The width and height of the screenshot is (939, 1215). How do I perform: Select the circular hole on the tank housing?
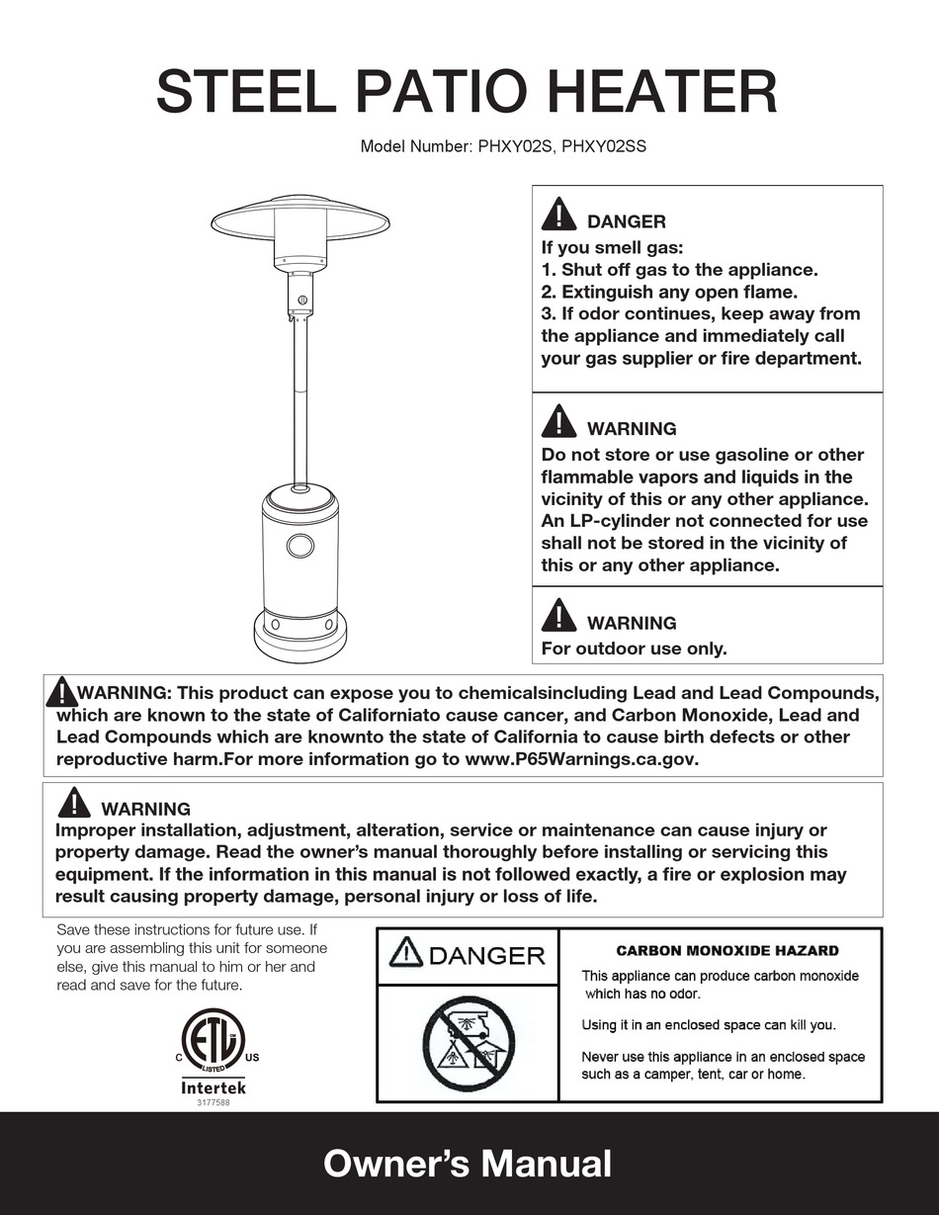[300, 545]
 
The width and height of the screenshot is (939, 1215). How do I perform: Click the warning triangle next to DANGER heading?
[559, 216]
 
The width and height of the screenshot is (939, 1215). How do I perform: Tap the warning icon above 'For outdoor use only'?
[559, 617]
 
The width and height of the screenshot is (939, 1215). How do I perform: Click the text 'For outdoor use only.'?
[634, 650]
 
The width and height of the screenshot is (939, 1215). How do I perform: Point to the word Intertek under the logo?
[213, 1087]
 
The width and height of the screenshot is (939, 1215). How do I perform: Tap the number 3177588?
[213, 1103]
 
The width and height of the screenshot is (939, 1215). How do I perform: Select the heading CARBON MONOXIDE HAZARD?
[726, 951]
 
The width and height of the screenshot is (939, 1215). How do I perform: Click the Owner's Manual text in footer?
[468, 1164]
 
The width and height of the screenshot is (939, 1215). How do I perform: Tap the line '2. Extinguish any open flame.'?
[668, 292]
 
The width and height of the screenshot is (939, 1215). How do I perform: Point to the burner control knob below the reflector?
[301, 300]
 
